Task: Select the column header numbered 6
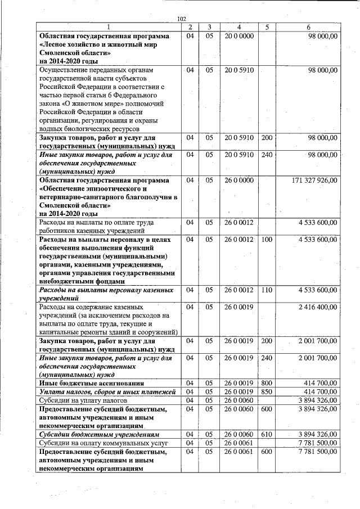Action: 309,27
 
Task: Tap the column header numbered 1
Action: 109,27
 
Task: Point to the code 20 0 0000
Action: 239,36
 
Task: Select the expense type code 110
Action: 267,290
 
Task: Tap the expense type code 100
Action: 267,240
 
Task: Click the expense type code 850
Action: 267,391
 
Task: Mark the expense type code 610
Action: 267,435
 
